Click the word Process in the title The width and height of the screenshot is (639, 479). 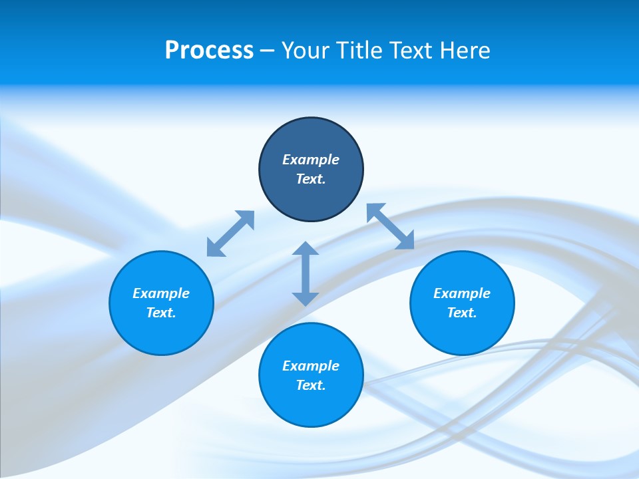tap(209, 51)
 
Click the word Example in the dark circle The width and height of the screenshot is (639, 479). tap(311, 160)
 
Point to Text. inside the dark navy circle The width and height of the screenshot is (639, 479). tap(311, 179)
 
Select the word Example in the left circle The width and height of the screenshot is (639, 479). tap(161, 293)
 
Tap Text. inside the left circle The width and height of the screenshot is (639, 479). tap(161, 313)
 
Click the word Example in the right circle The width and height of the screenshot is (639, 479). tap(462, 293)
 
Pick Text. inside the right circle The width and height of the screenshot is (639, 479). tap(462, 313)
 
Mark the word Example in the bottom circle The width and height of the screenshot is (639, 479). tap(311, 366)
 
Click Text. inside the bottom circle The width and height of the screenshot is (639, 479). tap(311, 385)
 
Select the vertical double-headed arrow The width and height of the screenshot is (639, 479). tap(306, 273)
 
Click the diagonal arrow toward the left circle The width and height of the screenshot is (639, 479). tap(230, 234)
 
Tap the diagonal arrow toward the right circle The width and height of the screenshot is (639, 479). tap(390, 226)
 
